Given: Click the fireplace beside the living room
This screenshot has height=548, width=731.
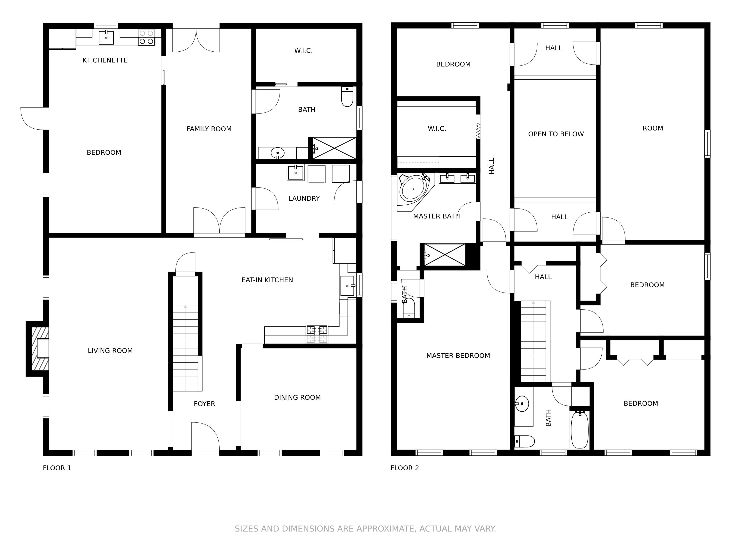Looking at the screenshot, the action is pyautogui.click(x=37, y=349).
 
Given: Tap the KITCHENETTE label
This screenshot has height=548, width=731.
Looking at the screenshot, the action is pyautogui.click(x=105, y=60).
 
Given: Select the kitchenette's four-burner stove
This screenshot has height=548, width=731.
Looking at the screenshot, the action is pyautogui.click(x=146, y=37).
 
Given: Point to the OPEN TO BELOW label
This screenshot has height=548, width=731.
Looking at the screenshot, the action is pyautogui.click(x=556, y=134).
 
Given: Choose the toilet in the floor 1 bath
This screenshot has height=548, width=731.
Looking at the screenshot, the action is pyautogui.click(x=347, y=97).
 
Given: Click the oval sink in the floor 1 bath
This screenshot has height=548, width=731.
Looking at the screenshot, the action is pyautogui.click(x=278, y=153).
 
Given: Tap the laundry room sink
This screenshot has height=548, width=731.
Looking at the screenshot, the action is pyautogui.click(x=295, y=173).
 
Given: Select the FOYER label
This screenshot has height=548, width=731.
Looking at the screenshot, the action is pyautogui.click(x=204, y=404).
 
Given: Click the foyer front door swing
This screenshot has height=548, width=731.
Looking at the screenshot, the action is pyautogui.click(x=206, y=436).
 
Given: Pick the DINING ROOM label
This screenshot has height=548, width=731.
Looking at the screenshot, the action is pyautogui.click(x=298, y=397).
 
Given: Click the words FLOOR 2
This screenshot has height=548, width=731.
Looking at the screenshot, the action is pyautogui.click(x=404, y=468).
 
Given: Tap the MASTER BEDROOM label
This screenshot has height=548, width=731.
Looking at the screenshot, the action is pyautogui.click(x=458, y=355).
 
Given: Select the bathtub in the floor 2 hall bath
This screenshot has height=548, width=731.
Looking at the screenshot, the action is pyautogui.click(x=580, y=429).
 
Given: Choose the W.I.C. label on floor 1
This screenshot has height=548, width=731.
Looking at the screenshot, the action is pyautogui.click(x=303, y=51).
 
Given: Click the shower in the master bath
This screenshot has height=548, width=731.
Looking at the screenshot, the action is pyautogui.click(x=444, y=255).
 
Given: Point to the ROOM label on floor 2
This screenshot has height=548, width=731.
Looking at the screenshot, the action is pyautogui.click(x=653, y=128).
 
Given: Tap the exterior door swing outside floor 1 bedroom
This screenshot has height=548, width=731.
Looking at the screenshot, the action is pyautogui.click(x=32, y=119).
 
